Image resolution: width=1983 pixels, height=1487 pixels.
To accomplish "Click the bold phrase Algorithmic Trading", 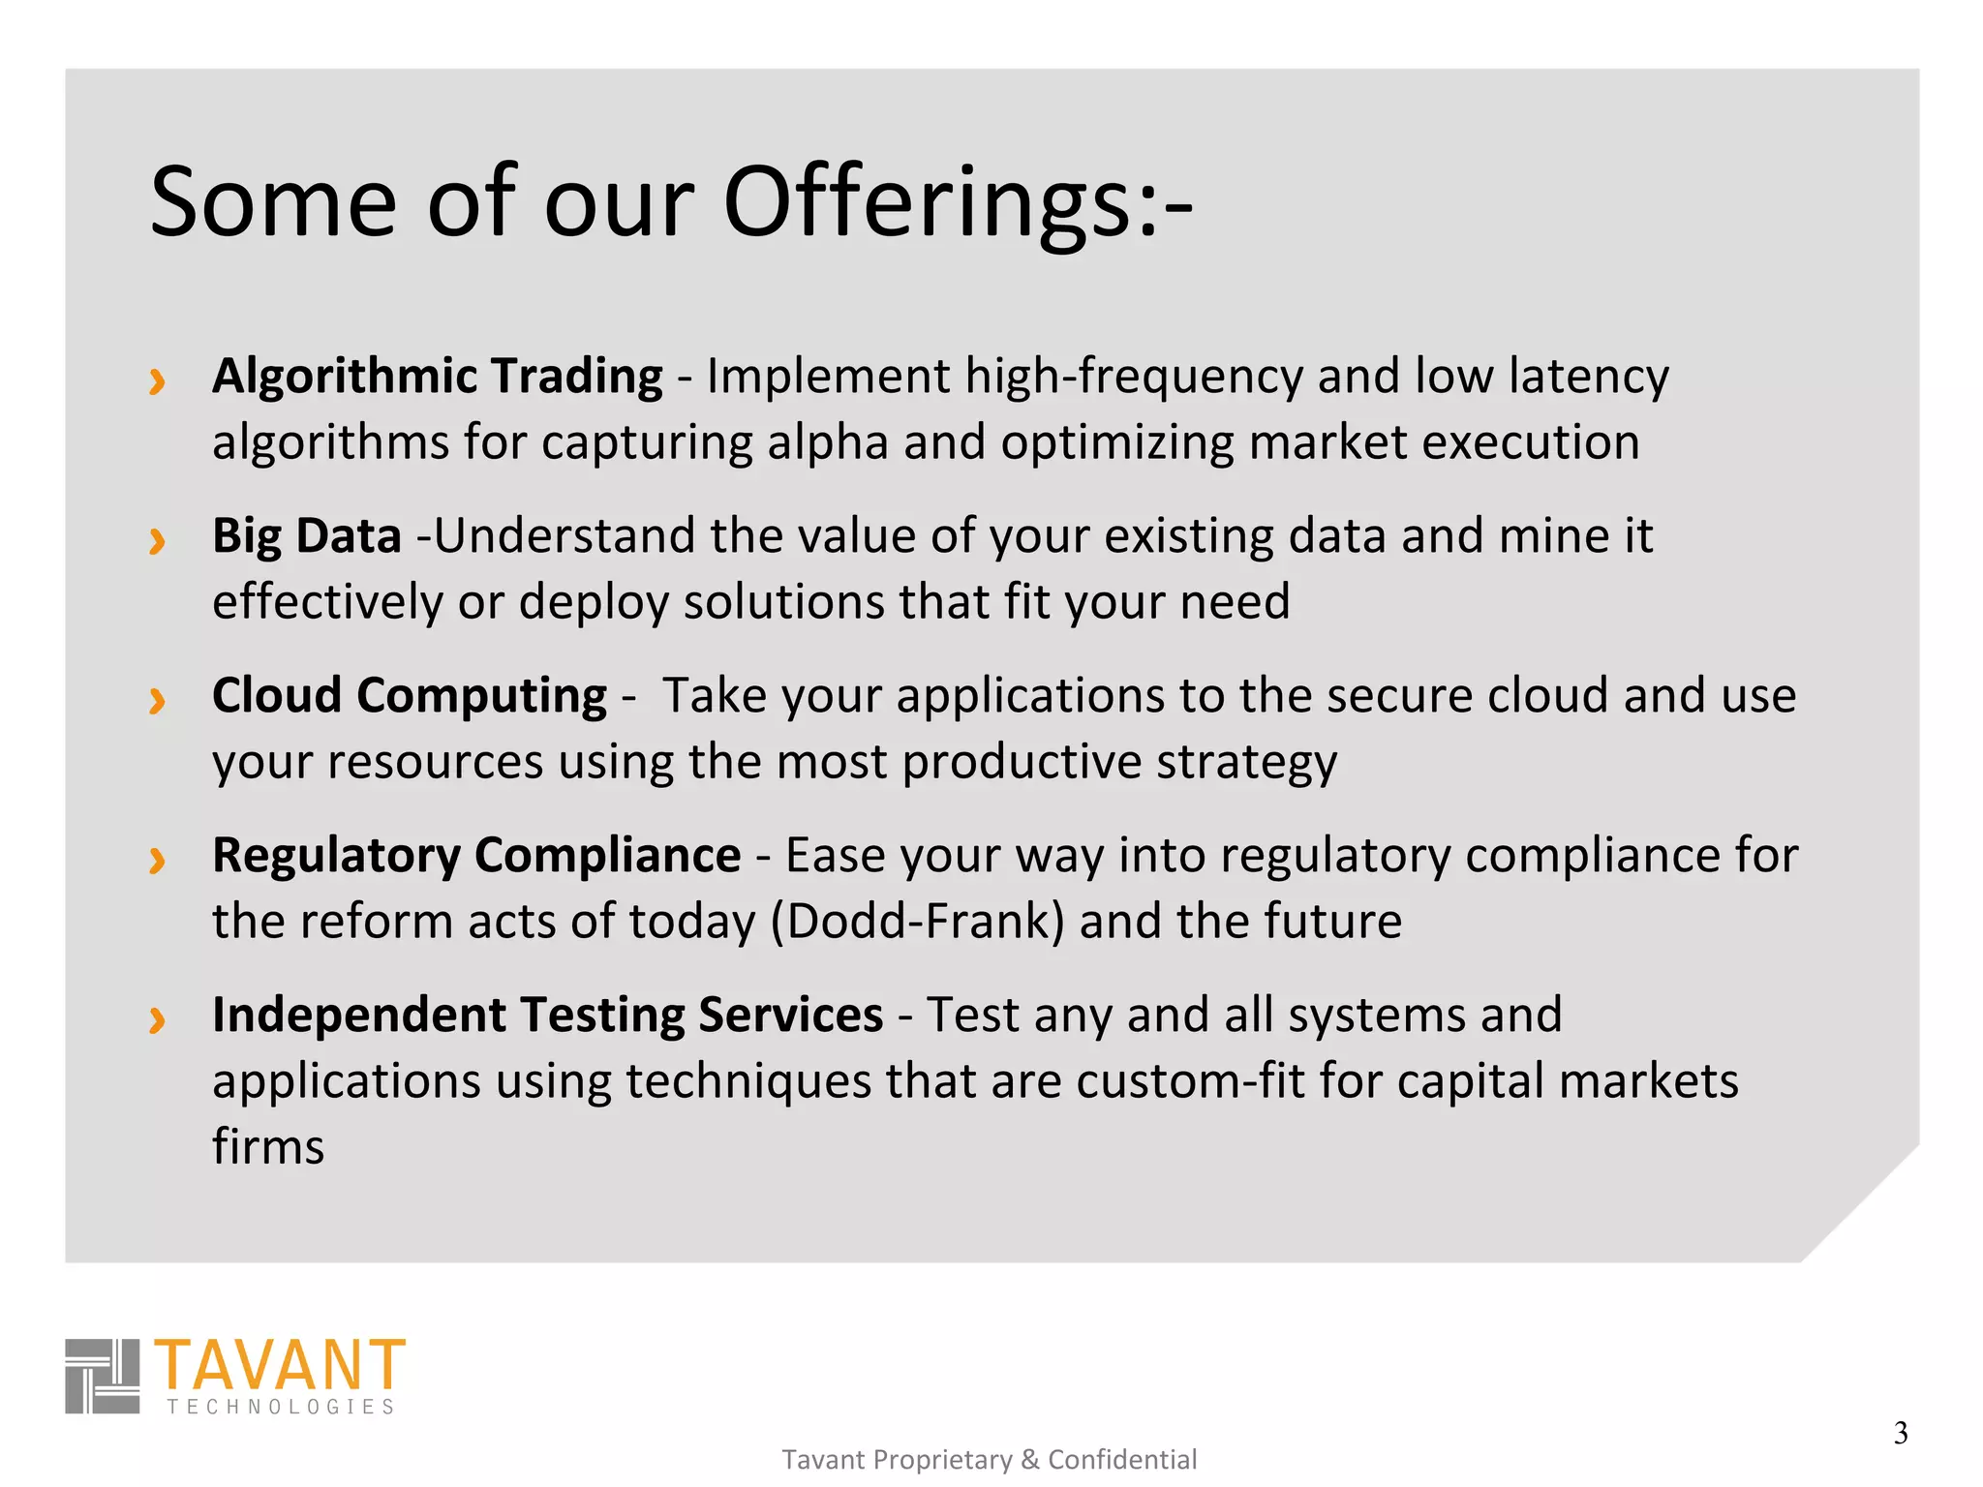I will tap(437, 377).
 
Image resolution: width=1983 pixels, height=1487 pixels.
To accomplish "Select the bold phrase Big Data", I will tap(306, 536).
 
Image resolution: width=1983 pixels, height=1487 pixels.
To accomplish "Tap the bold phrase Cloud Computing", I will tap(409, 696).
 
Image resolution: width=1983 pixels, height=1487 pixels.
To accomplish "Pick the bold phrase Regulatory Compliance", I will tap(475, 856).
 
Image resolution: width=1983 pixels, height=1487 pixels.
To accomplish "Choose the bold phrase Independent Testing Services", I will tap(547, 1016).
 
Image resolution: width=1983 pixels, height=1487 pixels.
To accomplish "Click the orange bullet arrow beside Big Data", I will tap(157, 540).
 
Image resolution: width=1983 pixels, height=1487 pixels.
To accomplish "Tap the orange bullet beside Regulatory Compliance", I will tap(157, 860).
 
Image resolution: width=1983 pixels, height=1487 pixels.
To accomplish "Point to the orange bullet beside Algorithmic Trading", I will tap(157, 380).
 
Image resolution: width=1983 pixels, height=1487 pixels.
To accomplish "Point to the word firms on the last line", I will tap(268, 1147).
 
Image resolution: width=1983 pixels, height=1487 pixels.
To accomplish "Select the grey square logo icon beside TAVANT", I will tap(102, 1376).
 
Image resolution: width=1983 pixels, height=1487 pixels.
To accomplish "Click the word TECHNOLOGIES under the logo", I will tap(281, 1407).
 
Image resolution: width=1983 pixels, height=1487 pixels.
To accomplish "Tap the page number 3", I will tap(1901, 1433).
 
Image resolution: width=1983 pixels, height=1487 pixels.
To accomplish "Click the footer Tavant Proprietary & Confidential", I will tap(989, 1459).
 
